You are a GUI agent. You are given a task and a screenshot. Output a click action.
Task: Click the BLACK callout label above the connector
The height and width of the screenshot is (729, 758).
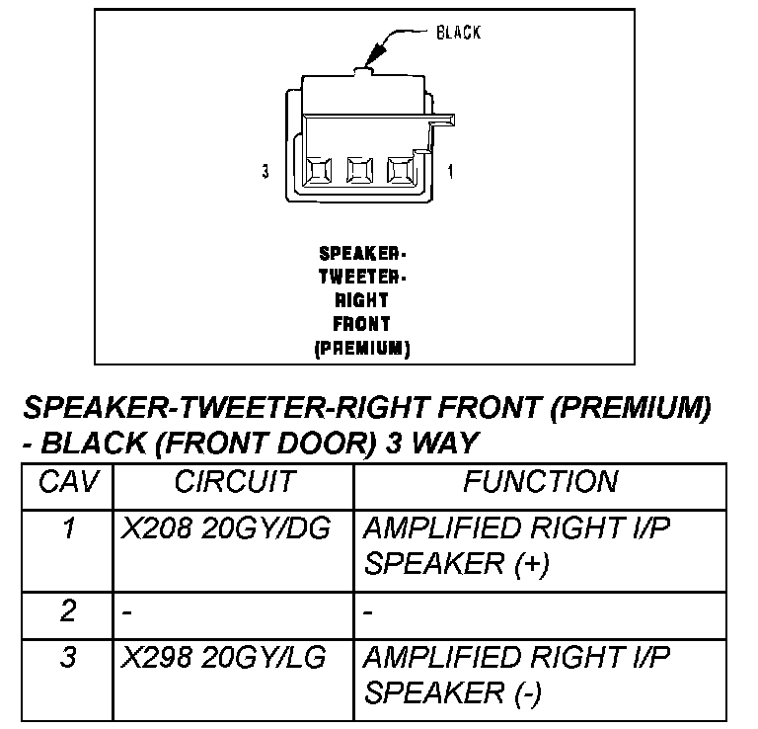pyautogui.click(x=458, y=33)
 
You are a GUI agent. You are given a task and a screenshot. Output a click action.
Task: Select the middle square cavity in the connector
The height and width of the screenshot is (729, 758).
pyautogui.click(x=359, y=170)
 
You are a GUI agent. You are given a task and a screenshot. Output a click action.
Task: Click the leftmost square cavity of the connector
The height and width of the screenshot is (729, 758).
pyautogui.click(x=319, y=170)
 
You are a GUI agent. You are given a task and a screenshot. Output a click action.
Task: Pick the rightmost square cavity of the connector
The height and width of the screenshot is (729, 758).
pyautogui.click(x=400, y=170)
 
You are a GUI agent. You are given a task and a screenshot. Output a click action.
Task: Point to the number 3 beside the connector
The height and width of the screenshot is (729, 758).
pyautogui.click(x=265, y=172)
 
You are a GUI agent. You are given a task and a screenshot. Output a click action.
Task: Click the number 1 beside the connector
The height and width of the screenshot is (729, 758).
pyautogui.click(x=451, y=172)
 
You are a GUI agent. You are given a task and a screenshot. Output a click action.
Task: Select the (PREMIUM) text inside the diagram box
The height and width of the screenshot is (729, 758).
pyautogui.click(x=362, y=348)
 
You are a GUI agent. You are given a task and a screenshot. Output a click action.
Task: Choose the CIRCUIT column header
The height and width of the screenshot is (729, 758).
pyautogui.click(x=234, y=482)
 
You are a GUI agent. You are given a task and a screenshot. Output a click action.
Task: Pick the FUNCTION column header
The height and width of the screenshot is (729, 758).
pyautogui.click(x=541, y=482)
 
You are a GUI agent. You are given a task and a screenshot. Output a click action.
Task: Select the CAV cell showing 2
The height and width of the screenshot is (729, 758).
pyautogui.click(x=67, y=611)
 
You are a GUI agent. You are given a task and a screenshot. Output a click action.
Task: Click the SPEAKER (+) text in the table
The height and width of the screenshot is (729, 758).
pyautogui.click(x=456, y=564)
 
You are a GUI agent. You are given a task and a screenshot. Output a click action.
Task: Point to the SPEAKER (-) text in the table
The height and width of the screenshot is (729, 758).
pyautogui.click(x=453, y=693)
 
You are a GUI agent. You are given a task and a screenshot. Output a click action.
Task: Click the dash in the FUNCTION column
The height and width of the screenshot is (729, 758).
pyautogui.click(x=368, y=613)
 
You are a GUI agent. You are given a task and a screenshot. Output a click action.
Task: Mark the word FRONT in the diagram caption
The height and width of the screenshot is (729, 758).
pyautogui.click(x=362, y=323)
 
